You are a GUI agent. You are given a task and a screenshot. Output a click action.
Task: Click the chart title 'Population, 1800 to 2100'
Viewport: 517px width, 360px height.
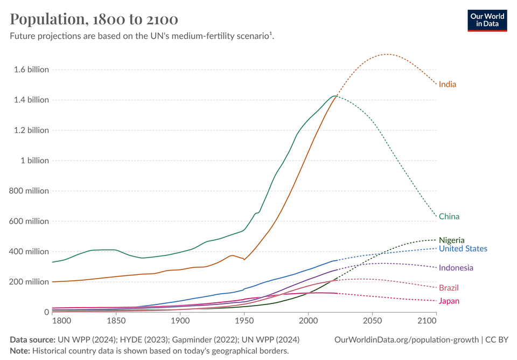94,19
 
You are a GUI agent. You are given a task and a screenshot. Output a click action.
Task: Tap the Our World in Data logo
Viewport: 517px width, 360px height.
487,20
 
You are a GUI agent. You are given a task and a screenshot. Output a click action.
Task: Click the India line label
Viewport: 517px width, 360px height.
448,84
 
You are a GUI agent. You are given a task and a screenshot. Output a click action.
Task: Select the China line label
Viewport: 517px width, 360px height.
449,217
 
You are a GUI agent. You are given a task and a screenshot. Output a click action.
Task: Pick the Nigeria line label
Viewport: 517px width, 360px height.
451,240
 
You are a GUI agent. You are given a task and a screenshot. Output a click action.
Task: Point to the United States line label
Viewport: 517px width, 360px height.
463,248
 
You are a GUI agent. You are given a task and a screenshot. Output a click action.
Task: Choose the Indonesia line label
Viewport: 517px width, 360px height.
456,268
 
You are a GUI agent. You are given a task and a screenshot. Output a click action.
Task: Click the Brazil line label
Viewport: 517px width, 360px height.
449,288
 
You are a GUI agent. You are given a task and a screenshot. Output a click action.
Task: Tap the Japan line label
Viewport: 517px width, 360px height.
449,301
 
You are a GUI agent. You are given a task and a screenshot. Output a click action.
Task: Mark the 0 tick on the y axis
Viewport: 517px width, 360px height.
46,312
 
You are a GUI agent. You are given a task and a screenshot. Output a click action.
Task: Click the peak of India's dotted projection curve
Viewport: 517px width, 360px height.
386,54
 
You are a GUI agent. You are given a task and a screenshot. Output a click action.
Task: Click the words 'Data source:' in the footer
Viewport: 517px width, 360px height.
32,340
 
